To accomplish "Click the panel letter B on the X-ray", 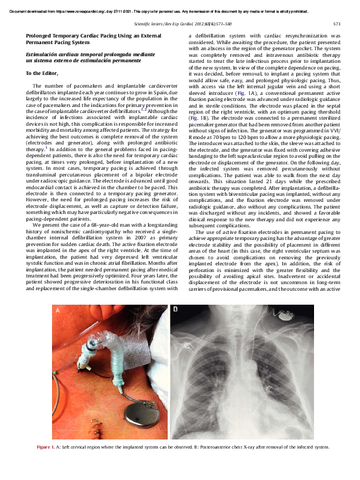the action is pyautogui.click(x=175, y=310).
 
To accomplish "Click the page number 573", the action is pyautogui.click(x=337, y=24).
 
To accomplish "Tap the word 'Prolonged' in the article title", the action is pyautogui.click(x=41, y=36).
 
